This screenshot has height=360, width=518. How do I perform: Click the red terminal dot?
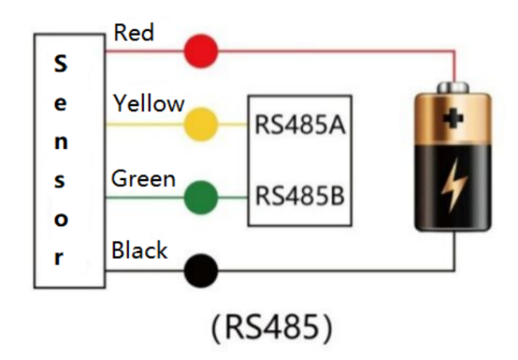[201, 52]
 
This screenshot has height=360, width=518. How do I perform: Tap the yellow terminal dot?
[201, 125]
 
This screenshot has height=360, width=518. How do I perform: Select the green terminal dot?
[201, 198]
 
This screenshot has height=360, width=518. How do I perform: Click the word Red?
[134, 33]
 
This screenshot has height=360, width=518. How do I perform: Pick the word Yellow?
[148, 104]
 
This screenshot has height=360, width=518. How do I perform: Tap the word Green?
[143, 178]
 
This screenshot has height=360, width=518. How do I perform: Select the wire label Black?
[139, 251]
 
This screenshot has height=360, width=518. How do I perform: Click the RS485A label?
[300, 126]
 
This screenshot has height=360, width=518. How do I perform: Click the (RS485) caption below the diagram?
[271, 327]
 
